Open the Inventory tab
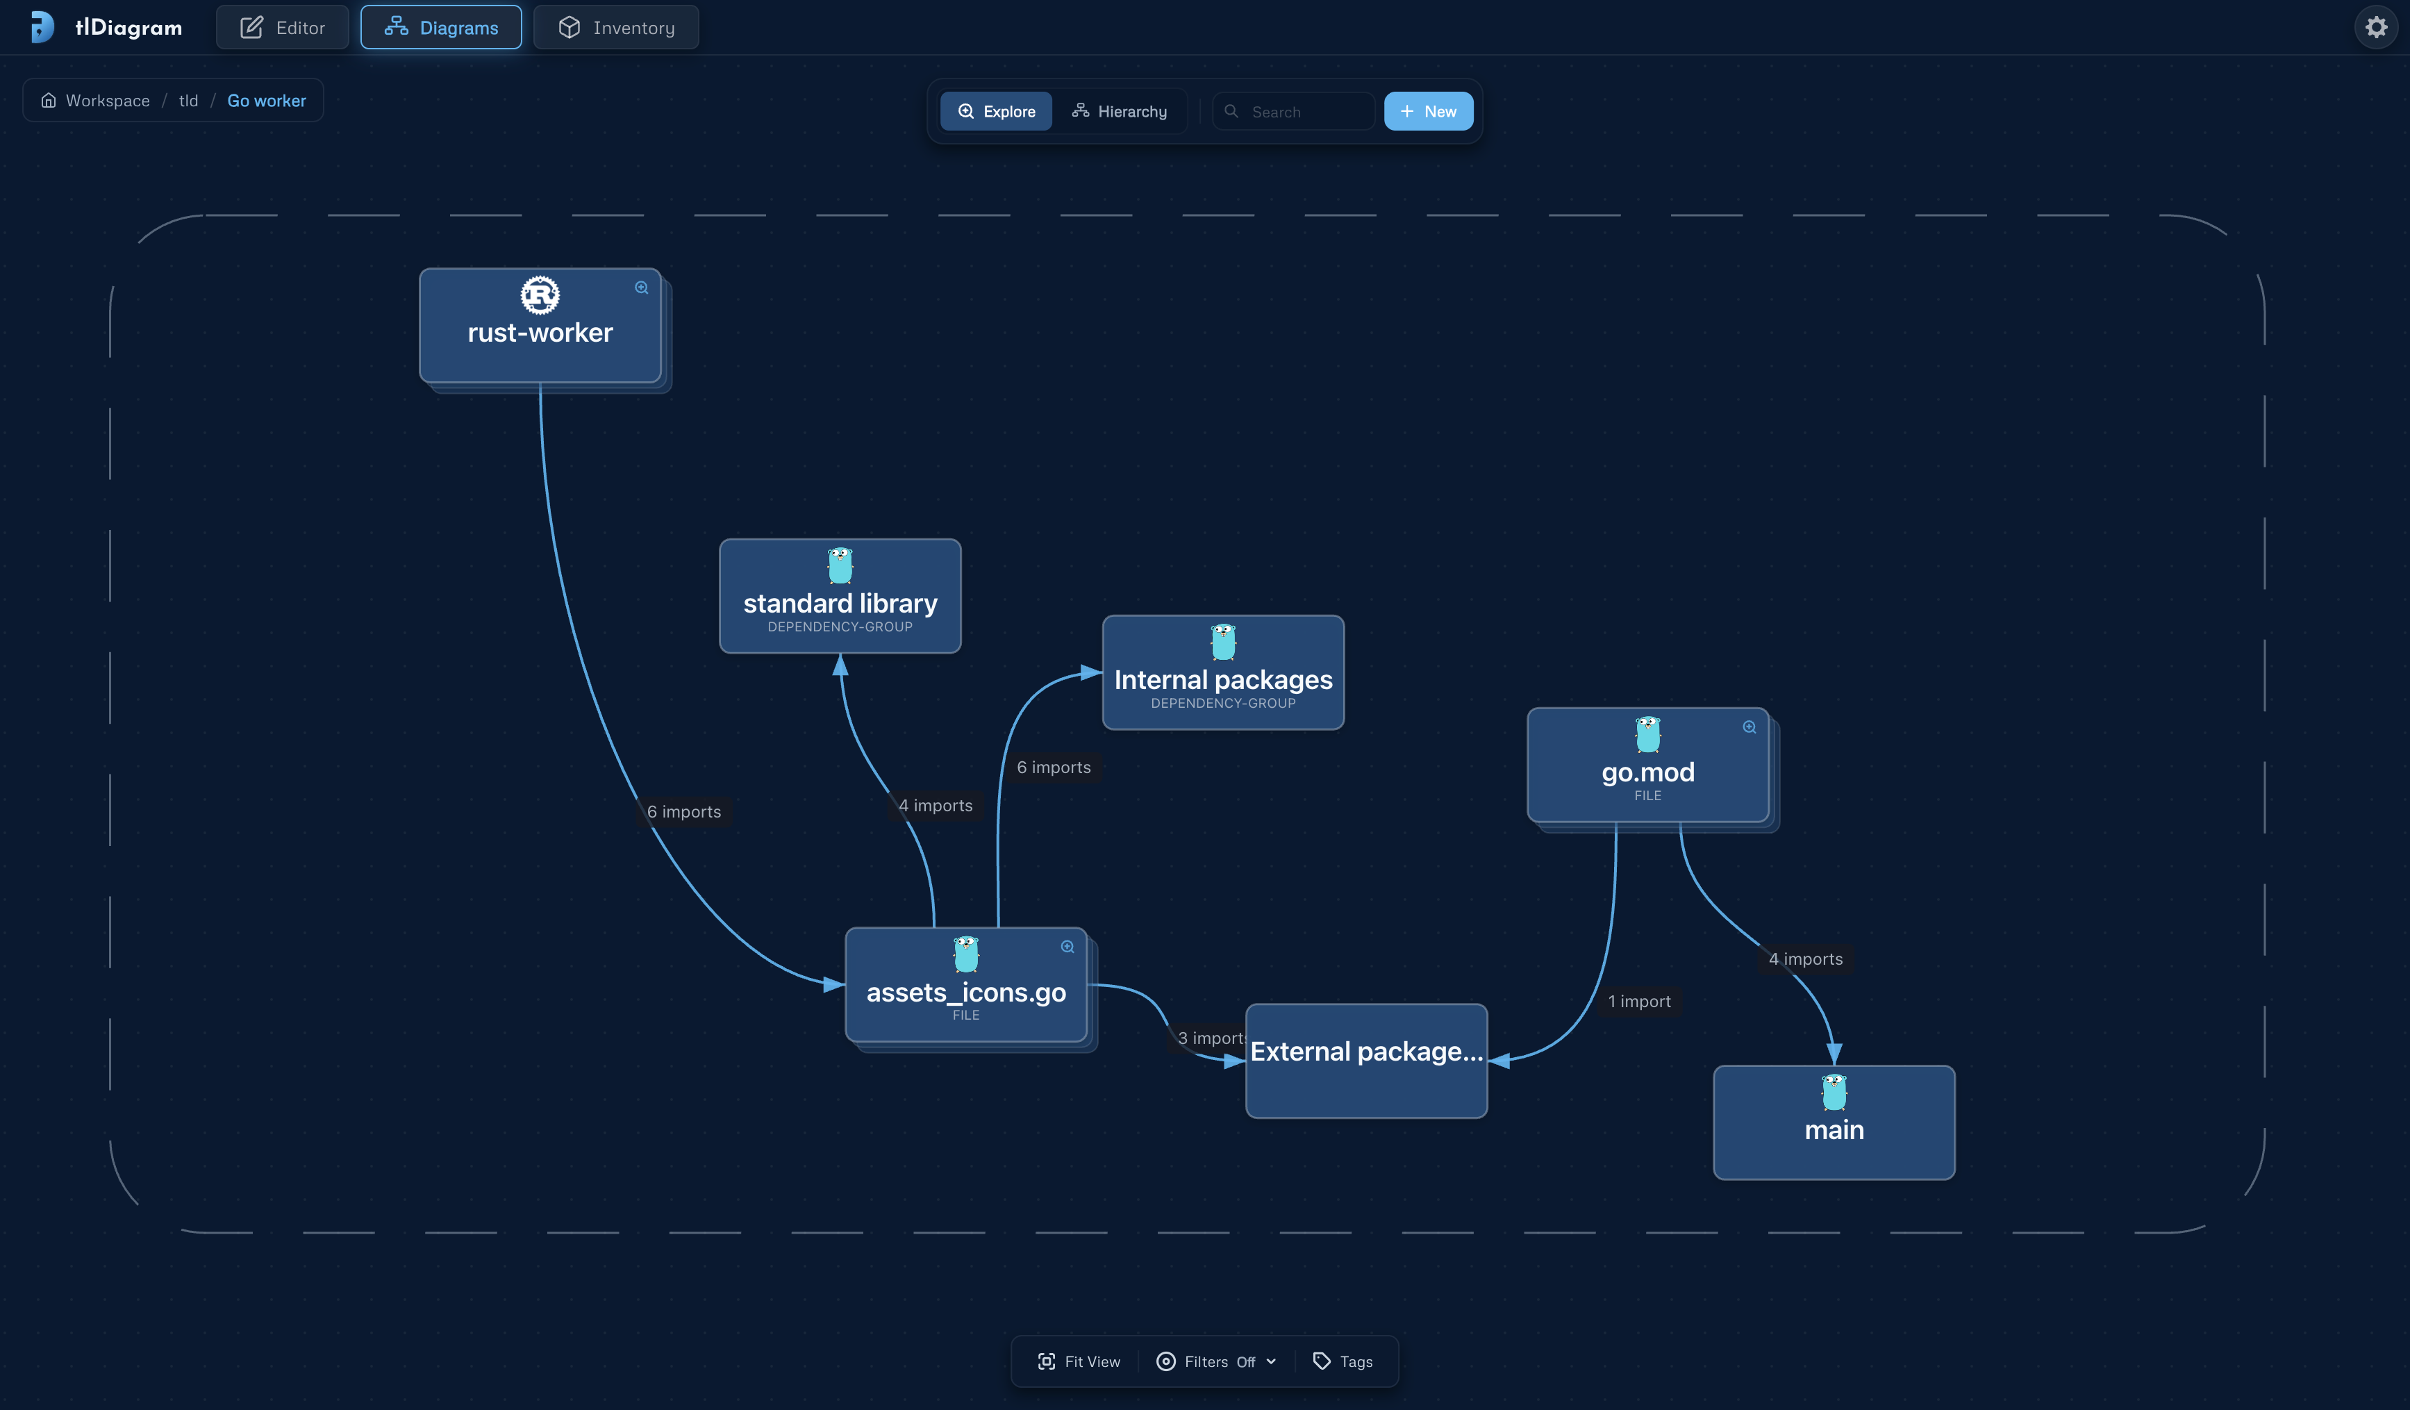[616, 28]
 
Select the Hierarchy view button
[1119, 112]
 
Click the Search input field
[1293, 112]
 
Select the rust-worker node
[540, 325]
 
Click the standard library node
[840, 596]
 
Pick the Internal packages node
[1223, 672]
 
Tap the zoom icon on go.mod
[1750, 727]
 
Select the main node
[1834, 1122]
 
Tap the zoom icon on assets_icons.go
[1067, 947]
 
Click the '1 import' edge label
[1639, 1002]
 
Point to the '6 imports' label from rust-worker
[684, 812]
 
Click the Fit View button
[1079, 1361]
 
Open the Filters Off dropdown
[1217, 1361]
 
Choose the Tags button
[1343, 1361]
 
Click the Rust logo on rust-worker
[540, 296]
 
